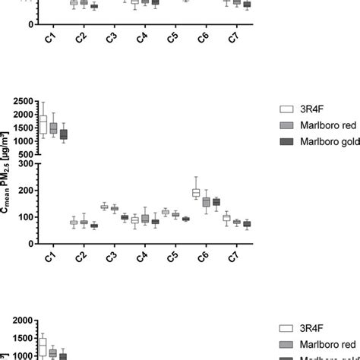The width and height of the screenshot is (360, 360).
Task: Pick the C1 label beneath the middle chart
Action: click(x=51, y=258)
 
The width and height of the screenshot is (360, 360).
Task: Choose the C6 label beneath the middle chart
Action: click(x=203, y=258)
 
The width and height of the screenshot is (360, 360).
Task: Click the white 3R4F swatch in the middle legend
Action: click(x=286, y=109)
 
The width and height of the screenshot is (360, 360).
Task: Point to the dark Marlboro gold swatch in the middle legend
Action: click(x=286, y=141)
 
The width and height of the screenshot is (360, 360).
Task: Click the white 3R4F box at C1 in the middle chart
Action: click(x=43, y=125)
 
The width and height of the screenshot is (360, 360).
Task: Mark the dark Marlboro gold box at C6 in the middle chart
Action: click(x=216, y=201)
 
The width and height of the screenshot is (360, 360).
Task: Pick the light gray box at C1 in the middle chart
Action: click(x=53, y=128)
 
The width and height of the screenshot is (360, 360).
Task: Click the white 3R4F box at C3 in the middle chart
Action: click(x=105, y=207)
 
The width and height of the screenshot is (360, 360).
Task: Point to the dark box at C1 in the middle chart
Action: click(x=63, y=134)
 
